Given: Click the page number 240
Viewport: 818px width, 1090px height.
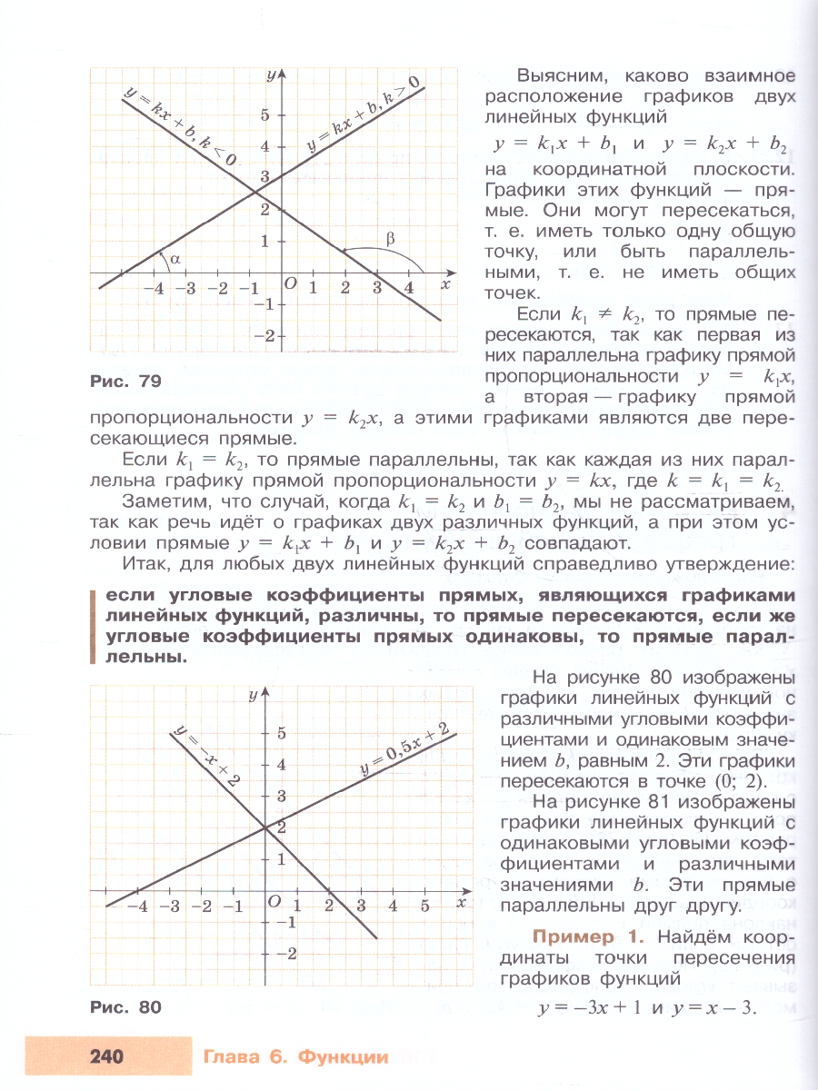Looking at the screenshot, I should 107,1056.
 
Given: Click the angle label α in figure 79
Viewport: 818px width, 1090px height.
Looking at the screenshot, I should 175,259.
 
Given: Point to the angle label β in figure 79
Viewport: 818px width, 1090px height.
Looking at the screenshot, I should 390,240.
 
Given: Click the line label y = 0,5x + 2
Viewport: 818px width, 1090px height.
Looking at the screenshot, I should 404,750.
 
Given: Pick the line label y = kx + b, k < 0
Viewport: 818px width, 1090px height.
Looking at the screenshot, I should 183,124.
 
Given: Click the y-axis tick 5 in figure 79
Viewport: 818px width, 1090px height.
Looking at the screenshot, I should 265,114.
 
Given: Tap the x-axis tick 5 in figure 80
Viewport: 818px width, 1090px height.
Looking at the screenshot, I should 424,906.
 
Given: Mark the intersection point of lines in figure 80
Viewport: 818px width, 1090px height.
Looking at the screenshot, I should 264,827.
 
